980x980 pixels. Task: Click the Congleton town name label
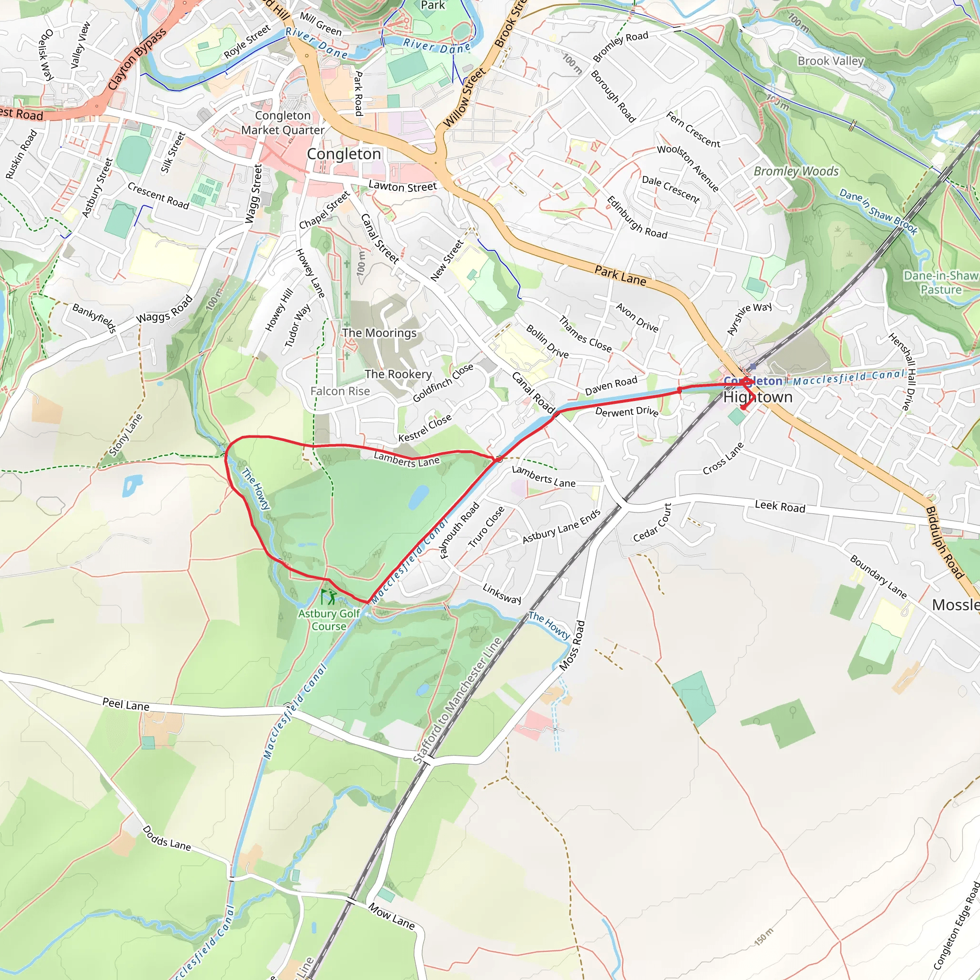[x=344, y=154]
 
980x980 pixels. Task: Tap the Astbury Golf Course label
[x=329, y=619]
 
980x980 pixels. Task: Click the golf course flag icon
[x=328, y=597]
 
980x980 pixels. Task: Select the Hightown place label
[x=757, y=397]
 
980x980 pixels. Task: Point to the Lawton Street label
[x=402, y=186]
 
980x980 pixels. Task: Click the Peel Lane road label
[x=126, y=704]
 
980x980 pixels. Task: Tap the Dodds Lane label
[x=167, y=838]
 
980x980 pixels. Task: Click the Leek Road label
[x=780, y=506]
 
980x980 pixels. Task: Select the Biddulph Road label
[x=944, y=542]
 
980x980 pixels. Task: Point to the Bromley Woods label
[x=796, y=171]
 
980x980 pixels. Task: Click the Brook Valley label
[x=830, y=61]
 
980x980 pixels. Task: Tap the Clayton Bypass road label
[x=136, y=59]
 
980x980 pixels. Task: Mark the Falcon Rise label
[x=340, y=391]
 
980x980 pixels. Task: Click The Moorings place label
[x=379, y=333]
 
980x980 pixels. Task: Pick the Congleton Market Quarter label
[x=282, y=123]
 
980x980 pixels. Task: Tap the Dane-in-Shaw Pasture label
[x=941, y=282]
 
